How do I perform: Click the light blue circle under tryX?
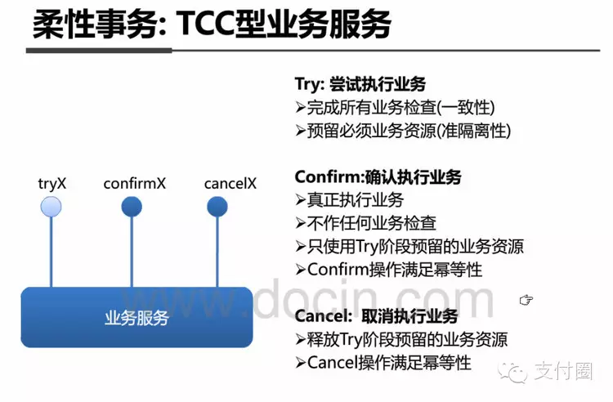(51, 207)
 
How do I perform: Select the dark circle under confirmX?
(132, 207)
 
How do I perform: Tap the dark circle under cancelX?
(217, 207)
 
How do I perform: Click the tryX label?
(51, 183)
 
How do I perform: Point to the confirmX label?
(134, 183)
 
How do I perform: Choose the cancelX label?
(230, 183)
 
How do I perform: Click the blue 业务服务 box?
(136, 317)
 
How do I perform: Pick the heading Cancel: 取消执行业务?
(376, 316)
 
